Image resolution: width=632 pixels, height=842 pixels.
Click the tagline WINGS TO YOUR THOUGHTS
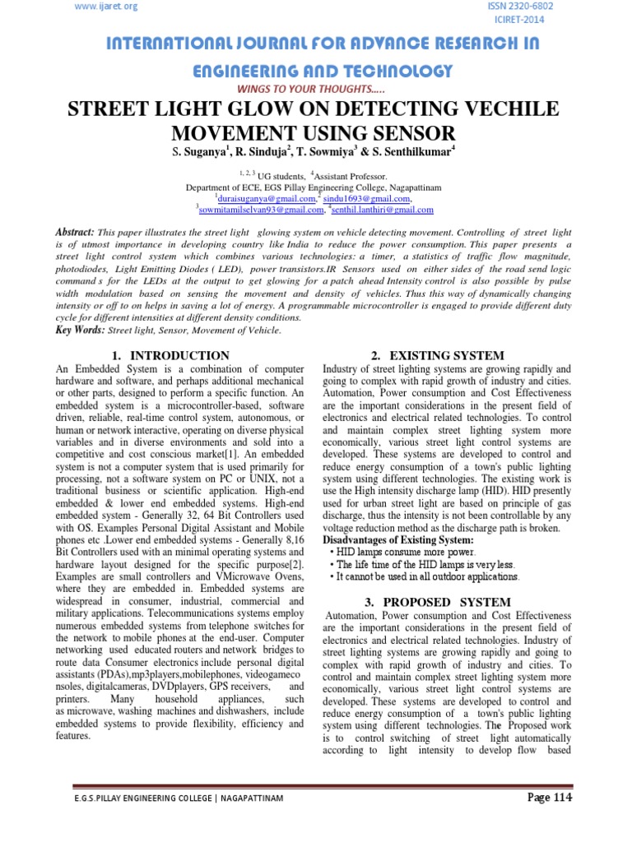[316, 88]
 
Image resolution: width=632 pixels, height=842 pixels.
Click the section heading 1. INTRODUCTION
[170, 355]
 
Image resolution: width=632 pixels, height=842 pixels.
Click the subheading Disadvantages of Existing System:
[398, 539]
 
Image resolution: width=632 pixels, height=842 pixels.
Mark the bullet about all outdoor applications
[424, 576]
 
